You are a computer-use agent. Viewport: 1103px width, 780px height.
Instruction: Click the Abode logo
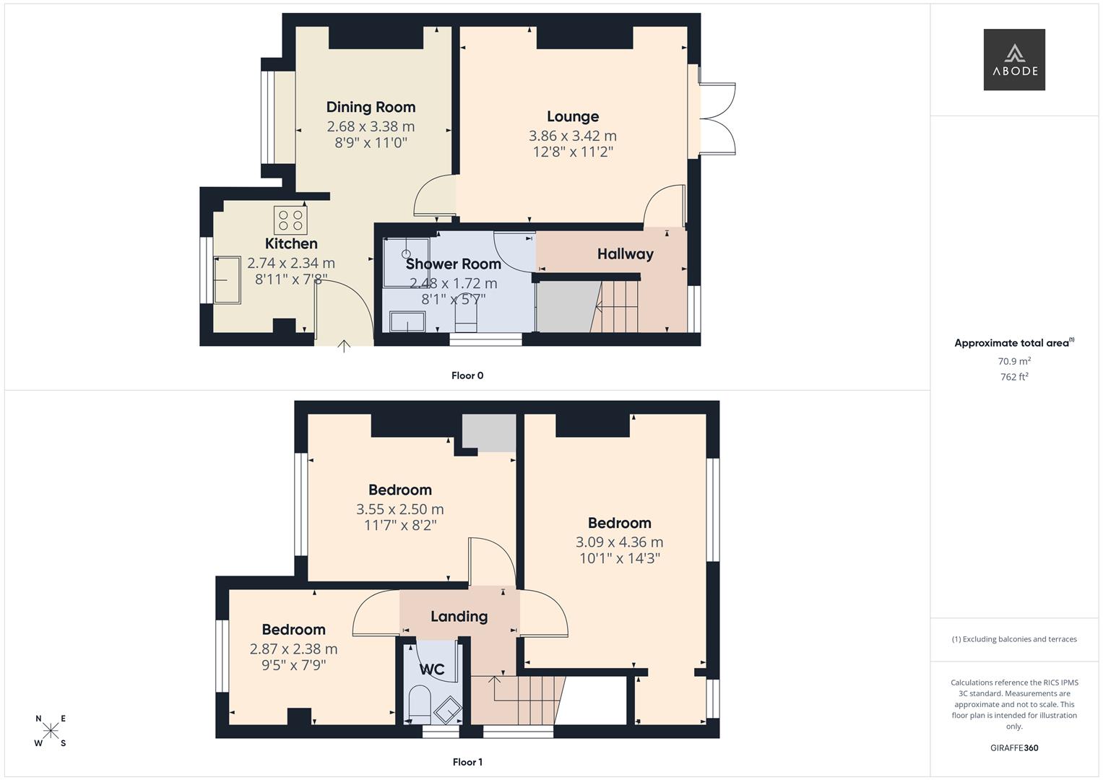(x=1014, y=59)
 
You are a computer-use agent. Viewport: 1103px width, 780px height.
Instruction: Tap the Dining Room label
(x=371, y=107)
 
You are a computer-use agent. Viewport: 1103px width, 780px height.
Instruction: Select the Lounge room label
(x=573, y=117)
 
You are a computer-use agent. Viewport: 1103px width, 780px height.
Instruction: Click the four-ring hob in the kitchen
(x=290, y=220)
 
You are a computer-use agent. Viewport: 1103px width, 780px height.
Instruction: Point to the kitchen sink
(x=227, y=279)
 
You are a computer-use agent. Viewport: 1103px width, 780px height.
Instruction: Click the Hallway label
(x=625, y=254)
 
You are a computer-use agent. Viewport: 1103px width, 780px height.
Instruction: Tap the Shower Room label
(x=453, y=264)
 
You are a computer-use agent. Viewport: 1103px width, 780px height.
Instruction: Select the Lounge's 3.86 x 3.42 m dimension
(x=573, y=136)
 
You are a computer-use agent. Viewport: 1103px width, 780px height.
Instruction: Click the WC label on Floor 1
(x=432, y=669)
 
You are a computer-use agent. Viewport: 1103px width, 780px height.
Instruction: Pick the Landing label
(x=459, y=617)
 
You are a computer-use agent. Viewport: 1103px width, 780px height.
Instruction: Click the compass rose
(x=51, y=730)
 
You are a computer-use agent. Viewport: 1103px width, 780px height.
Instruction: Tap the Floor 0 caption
(x=467, y=376)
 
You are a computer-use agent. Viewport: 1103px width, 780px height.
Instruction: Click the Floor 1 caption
(x=467, y=762)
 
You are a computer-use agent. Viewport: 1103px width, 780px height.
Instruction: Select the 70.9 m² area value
(x=1014, y=361)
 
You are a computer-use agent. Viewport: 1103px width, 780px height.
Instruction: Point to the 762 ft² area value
(x=1014, y=377)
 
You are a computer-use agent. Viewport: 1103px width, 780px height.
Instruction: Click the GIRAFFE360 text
(x=1014, y=747)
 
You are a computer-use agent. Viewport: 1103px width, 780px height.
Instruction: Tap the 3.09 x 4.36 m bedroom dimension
(x=620, y=542)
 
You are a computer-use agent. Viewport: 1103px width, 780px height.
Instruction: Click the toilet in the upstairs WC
(x=420, y=703)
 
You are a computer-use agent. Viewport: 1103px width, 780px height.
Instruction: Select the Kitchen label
(x=291, y=243)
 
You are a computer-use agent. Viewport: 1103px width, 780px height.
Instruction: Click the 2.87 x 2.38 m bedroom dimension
(x=293, y=649)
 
